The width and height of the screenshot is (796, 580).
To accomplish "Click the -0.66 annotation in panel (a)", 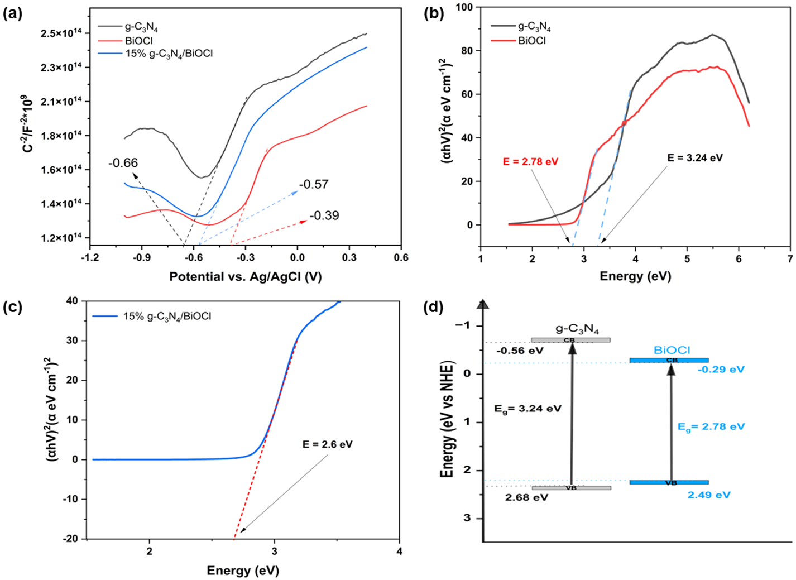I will point(123,163).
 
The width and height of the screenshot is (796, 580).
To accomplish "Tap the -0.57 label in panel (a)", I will point(314,184).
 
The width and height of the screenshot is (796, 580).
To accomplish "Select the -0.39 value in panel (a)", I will point(324,215).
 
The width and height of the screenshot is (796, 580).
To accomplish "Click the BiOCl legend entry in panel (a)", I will point(140,41).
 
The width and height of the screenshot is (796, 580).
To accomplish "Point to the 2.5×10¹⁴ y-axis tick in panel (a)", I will point(61,33).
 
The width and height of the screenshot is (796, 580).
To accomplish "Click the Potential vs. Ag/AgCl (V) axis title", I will point(246,277).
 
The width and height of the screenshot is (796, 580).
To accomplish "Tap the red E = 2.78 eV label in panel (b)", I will point(530,162).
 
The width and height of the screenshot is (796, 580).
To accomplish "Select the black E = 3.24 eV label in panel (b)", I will point(695,157).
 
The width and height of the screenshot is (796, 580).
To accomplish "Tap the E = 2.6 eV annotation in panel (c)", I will point(328,444).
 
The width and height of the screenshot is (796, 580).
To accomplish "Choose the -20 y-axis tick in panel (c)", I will point(73,539).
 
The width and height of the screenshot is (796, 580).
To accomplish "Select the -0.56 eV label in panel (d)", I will point(520,351).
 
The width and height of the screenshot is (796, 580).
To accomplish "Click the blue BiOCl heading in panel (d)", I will point(672,350).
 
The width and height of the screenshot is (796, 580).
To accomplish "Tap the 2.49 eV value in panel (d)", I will point(709,495).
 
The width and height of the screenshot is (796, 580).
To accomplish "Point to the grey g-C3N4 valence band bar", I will point(571,488).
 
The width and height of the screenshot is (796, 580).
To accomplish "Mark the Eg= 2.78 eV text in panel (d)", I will point(711,426).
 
